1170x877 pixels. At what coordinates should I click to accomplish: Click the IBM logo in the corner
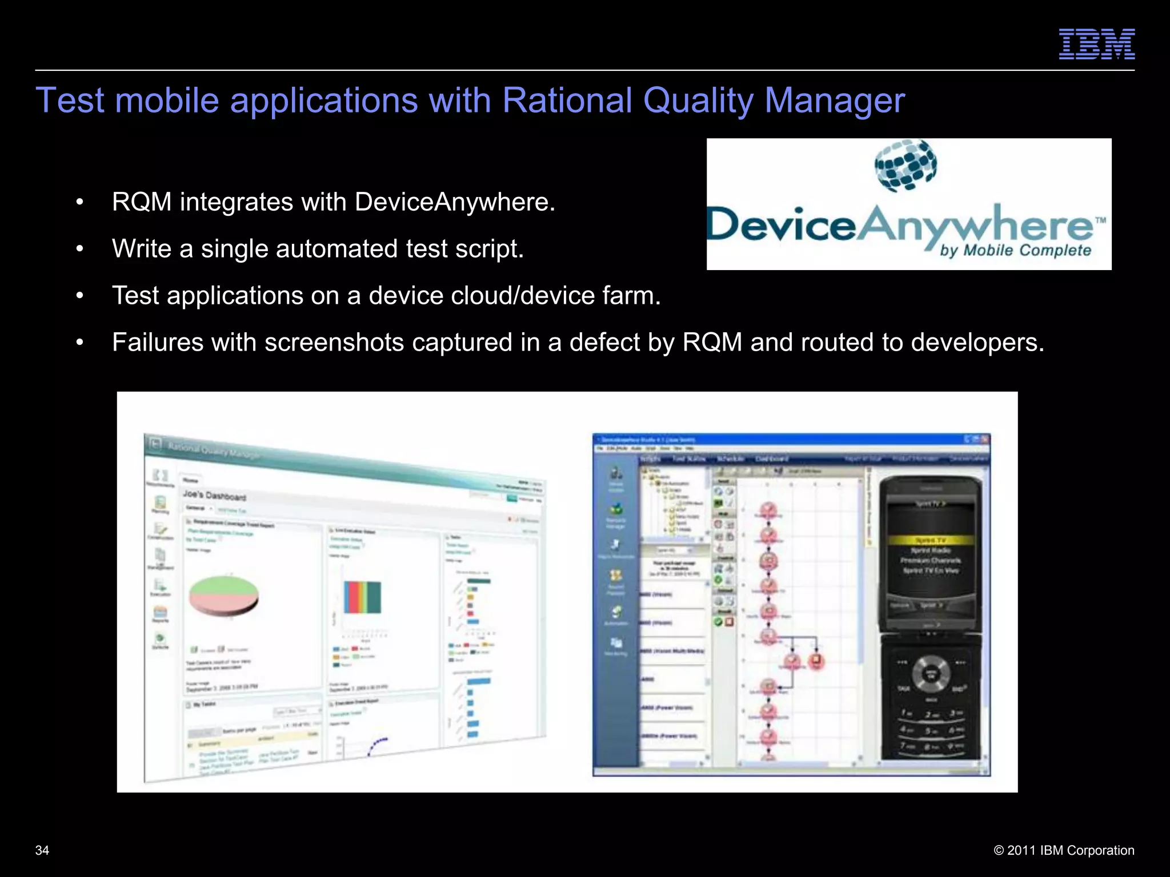1096,44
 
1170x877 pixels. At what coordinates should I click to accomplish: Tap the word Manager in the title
834,101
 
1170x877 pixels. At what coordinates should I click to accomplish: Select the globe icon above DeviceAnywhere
905,166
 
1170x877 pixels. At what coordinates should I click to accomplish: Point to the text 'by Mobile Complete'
1015,251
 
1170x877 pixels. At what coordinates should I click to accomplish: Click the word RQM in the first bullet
142,202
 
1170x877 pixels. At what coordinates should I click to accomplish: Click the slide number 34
42,850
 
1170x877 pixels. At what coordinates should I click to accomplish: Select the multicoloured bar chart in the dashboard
362,597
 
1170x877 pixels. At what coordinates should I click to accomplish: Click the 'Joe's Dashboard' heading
214,495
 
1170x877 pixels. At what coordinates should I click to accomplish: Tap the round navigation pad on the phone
931,674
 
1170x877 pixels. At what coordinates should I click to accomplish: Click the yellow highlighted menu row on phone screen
931,540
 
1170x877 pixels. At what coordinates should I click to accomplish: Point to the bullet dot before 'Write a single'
80,249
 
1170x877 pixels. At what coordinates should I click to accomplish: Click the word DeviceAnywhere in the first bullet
454,202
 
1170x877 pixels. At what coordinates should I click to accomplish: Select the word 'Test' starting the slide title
70,101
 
